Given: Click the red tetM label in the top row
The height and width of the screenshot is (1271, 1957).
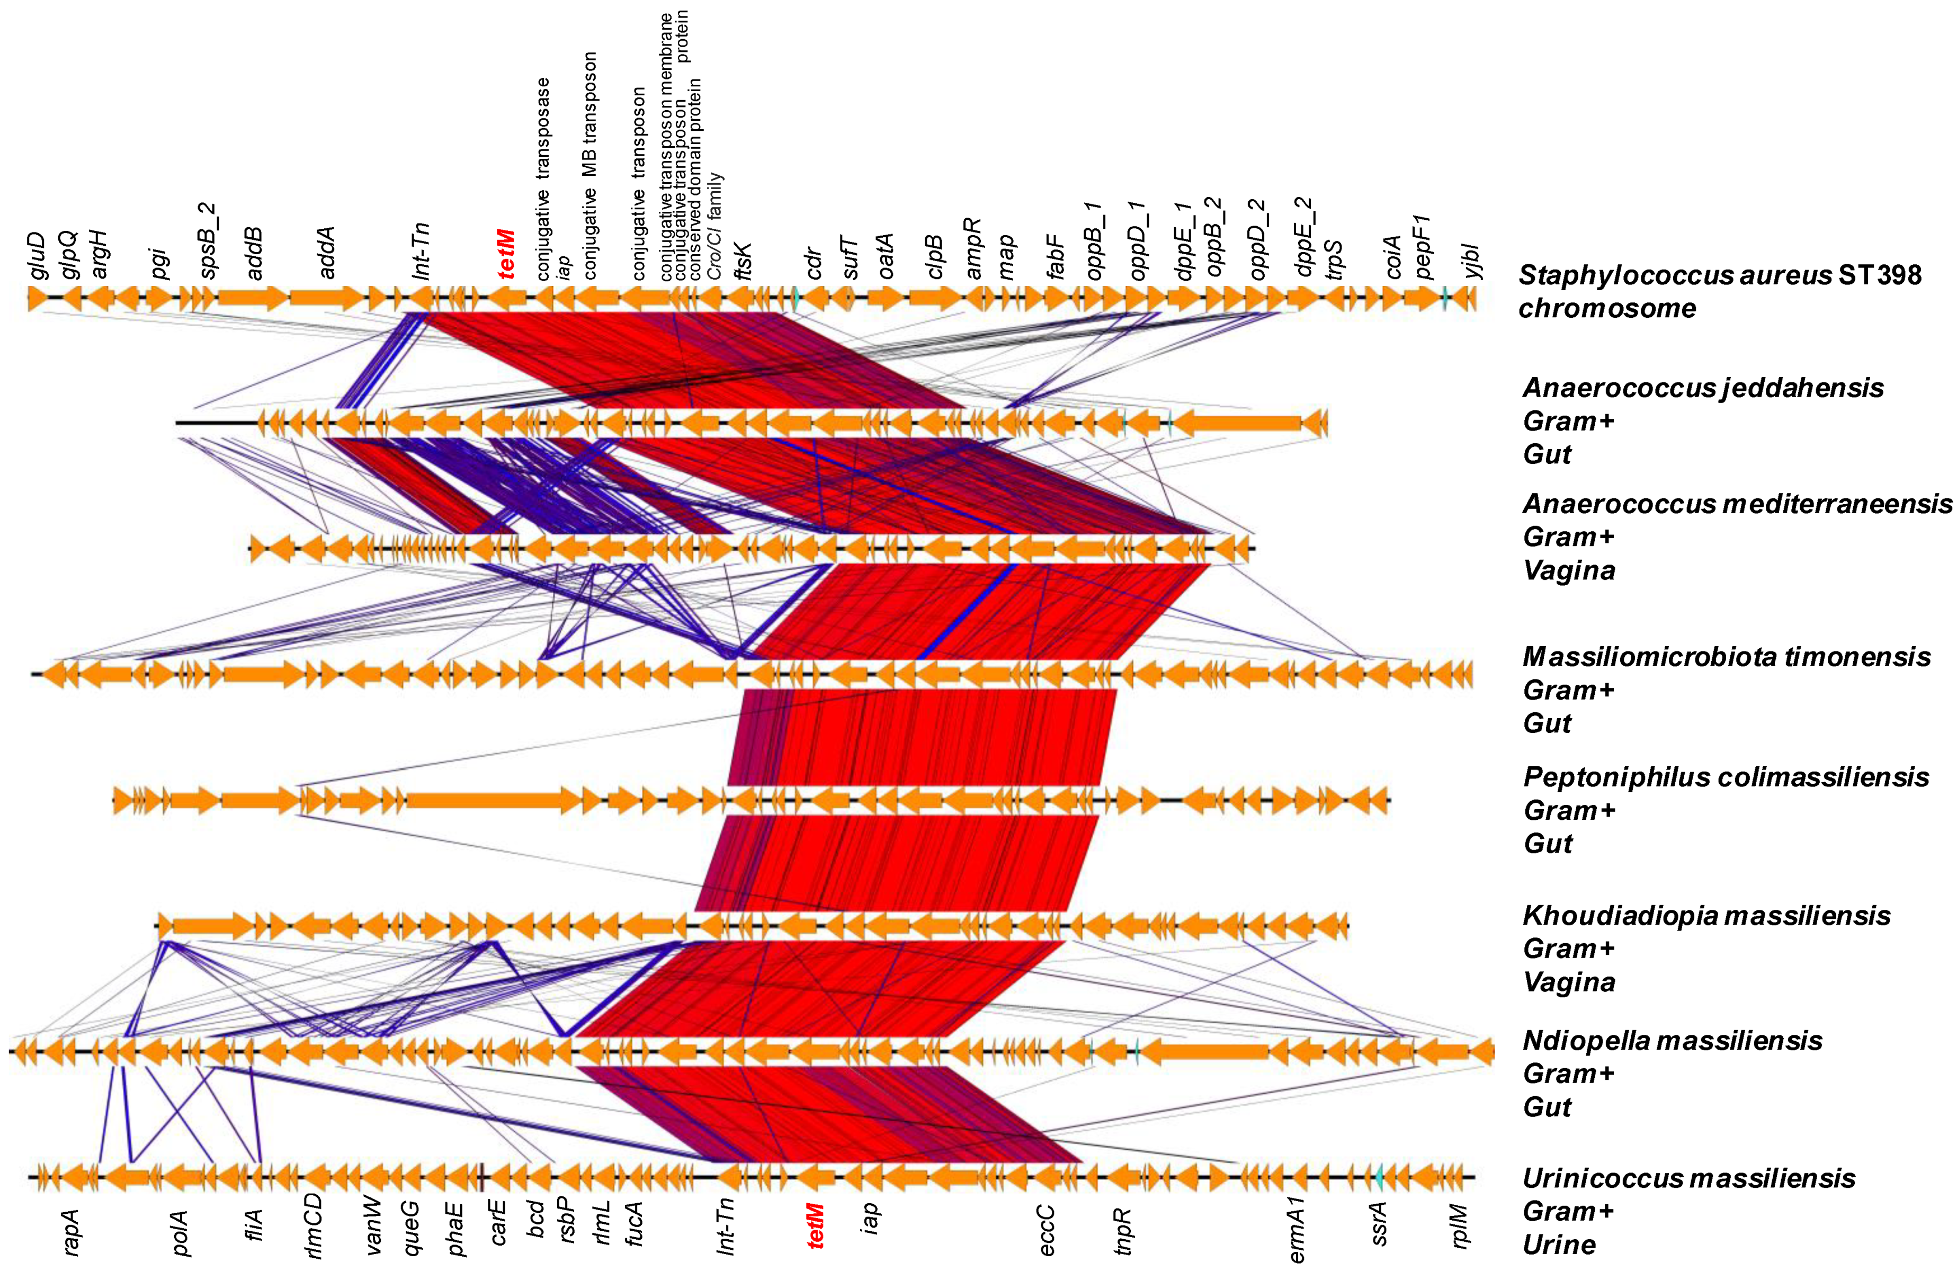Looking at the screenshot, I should point(507,254).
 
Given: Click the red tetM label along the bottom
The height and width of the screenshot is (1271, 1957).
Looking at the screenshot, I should point(815,1225).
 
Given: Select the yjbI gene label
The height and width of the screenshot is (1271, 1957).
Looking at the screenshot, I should point(1472,262).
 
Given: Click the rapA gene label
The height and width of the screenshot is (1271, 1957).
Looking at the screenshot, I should point(73,1231).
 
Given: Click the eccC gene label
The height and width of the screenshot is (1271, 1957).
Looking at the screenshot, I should point(1046,1230).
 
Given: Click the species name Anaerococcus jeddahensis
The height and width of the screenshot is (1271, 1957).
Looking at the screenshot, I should point(1702,388).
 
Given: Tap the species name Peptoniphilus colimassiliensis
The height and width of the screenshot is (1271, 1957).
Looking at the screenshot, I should point(1725,777).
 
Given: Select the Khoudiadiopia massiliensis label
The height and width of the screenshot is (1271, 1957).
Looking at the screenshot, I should point(1706,915).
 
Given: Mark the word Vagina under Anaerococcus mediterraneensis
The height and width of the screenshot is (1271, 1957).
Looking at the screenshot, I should point(1568,570).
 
